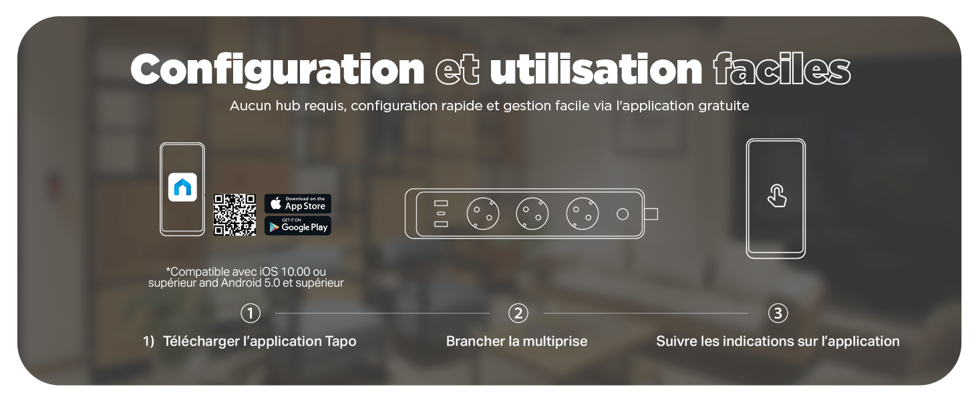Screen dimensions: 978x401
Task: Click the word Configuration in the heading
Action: click(x=277, y=70)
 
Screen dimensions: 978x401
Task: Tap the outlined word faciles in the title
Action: click(x=782, y=69)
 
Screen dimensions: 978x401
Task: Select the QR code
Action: click(x=234, y=215)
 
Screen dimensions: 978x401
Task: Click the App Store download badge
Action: click(x=298, y=204)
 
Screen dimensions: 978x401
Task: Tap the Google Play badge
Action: click(x=298, y=226)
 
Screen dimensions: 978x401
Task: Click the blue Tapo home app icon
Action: click(x=182, y=187)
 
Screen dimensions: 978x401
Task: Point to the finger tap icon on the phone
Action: click(x=777, y=196)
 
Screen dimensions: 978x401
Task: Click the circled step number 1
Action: click(x=251, y=313)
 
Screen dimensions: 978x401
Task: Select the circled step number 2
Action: click(x=518, y=313)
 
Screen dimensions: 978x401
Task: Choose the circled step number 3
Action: click(x=778, y=313)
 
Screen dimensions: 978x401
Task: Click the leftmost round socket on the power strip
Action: click(x=483, y=214)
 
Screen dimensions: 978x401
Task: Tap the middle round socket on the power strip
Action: click(x=532, y=214)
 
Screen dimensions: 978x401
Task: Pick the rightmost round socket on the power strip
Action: click(x=583, y=214)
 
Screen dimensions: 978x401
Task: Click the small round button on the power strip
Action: click(x=623, y=214)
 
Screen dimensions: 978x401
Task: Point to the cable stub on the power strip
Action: click(x=651, y=214)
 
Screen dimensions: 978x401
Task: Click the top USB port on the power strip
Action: click(x=441, y=203)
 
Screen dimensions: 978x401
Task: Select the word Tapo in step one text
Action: click(x=341, y=341)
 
